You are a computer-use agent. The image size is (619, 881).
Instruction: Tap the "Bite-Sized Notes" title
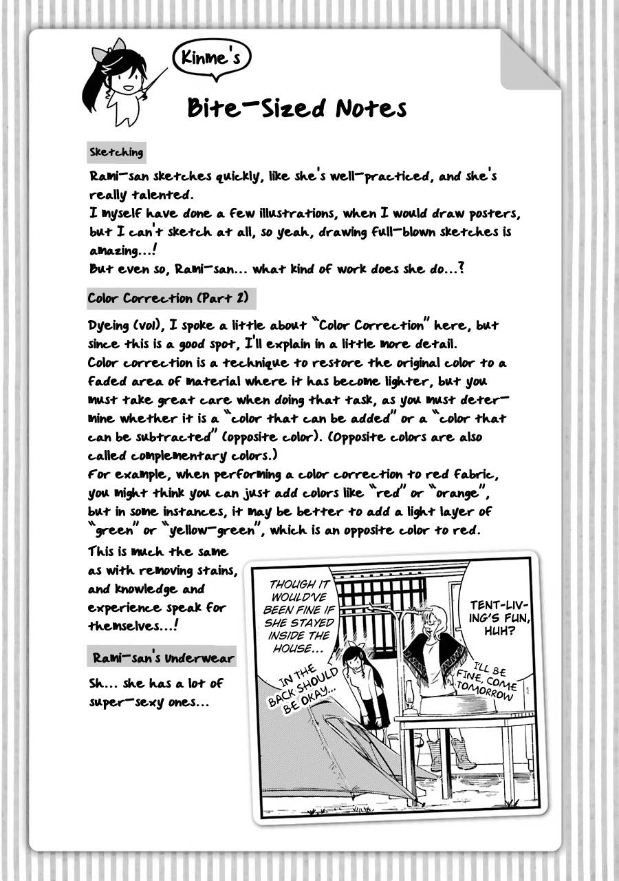pos(296,108)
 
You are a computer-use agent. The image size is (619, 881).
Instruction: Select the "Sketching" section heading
pos(116,152)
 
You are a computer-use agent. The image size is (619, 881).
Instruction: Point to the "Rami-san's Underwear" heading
pos(164,658)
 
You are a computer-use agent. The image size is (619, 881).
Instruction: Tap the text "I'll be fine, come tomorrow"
pos(493,682)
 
